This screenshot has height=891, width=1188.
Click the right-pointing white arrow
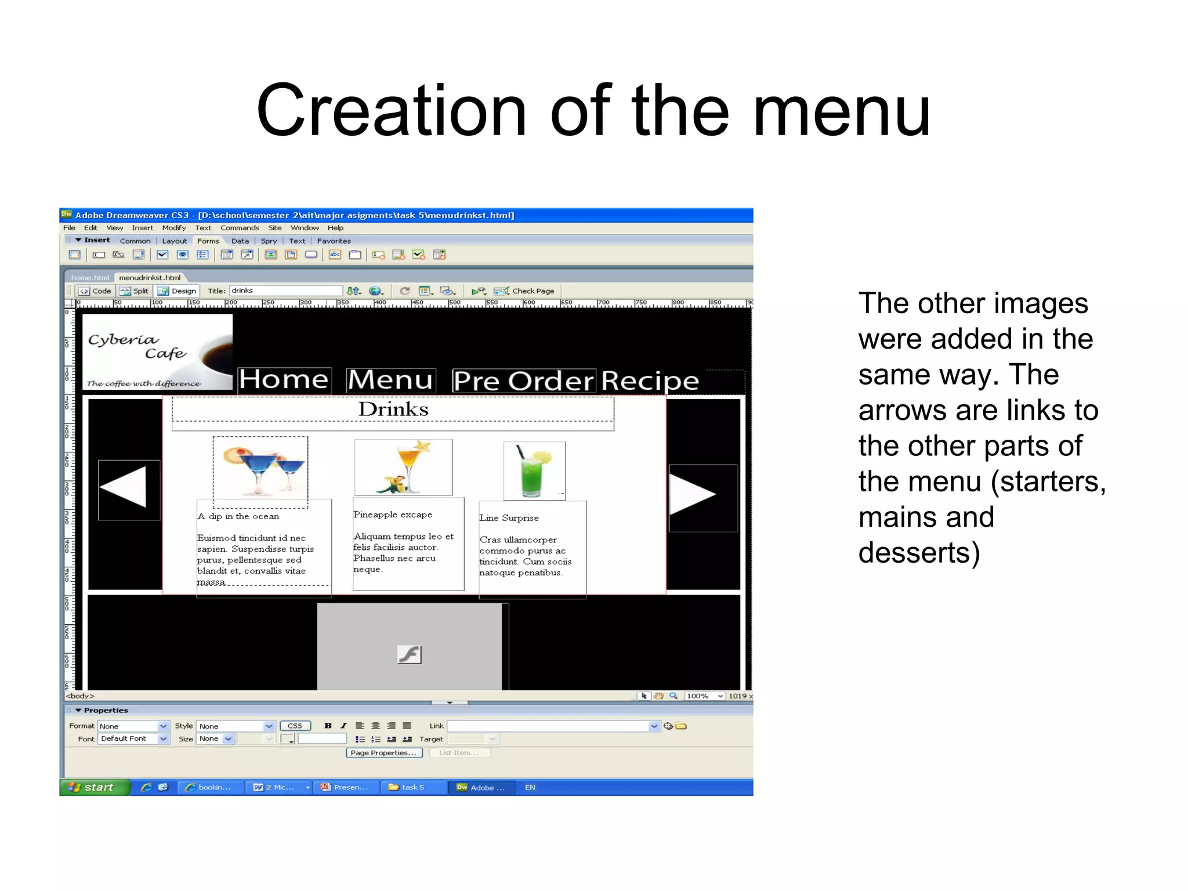[x=692, y=494]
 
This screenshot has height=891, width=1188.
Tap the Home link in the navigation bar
[x=284, y=380]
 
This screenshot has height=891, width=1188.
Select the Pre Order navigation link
[x=523, y=381]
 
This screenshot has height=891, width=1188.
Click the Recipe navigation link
[x=650, y=381]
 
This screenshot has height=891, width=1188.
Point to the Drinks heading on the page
[x=393, y=410]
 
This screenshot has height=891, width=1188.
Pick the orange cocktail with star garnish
[x=404, y=467]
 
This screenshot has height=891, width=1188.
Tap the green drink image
[x=534, y=470]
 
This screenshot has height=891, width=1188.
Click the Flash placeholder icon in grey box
[x=409, y=654]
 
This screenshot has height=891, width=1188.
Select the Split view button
[x=135, y=291]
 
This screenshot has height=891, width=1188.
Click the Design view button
[x=178, y=291]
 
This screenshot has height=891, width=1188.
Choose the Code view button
[x=96, y=291]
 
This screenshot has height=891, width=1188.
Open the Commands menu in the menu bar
[x=240, y=228]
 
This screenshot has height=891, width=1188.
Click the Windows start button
[x=93, y=787]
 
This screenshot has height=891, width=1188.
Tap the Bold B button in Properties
[x=328, y=726]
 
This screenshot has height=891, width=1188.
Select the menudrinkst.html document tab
[x=150, y=278]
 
